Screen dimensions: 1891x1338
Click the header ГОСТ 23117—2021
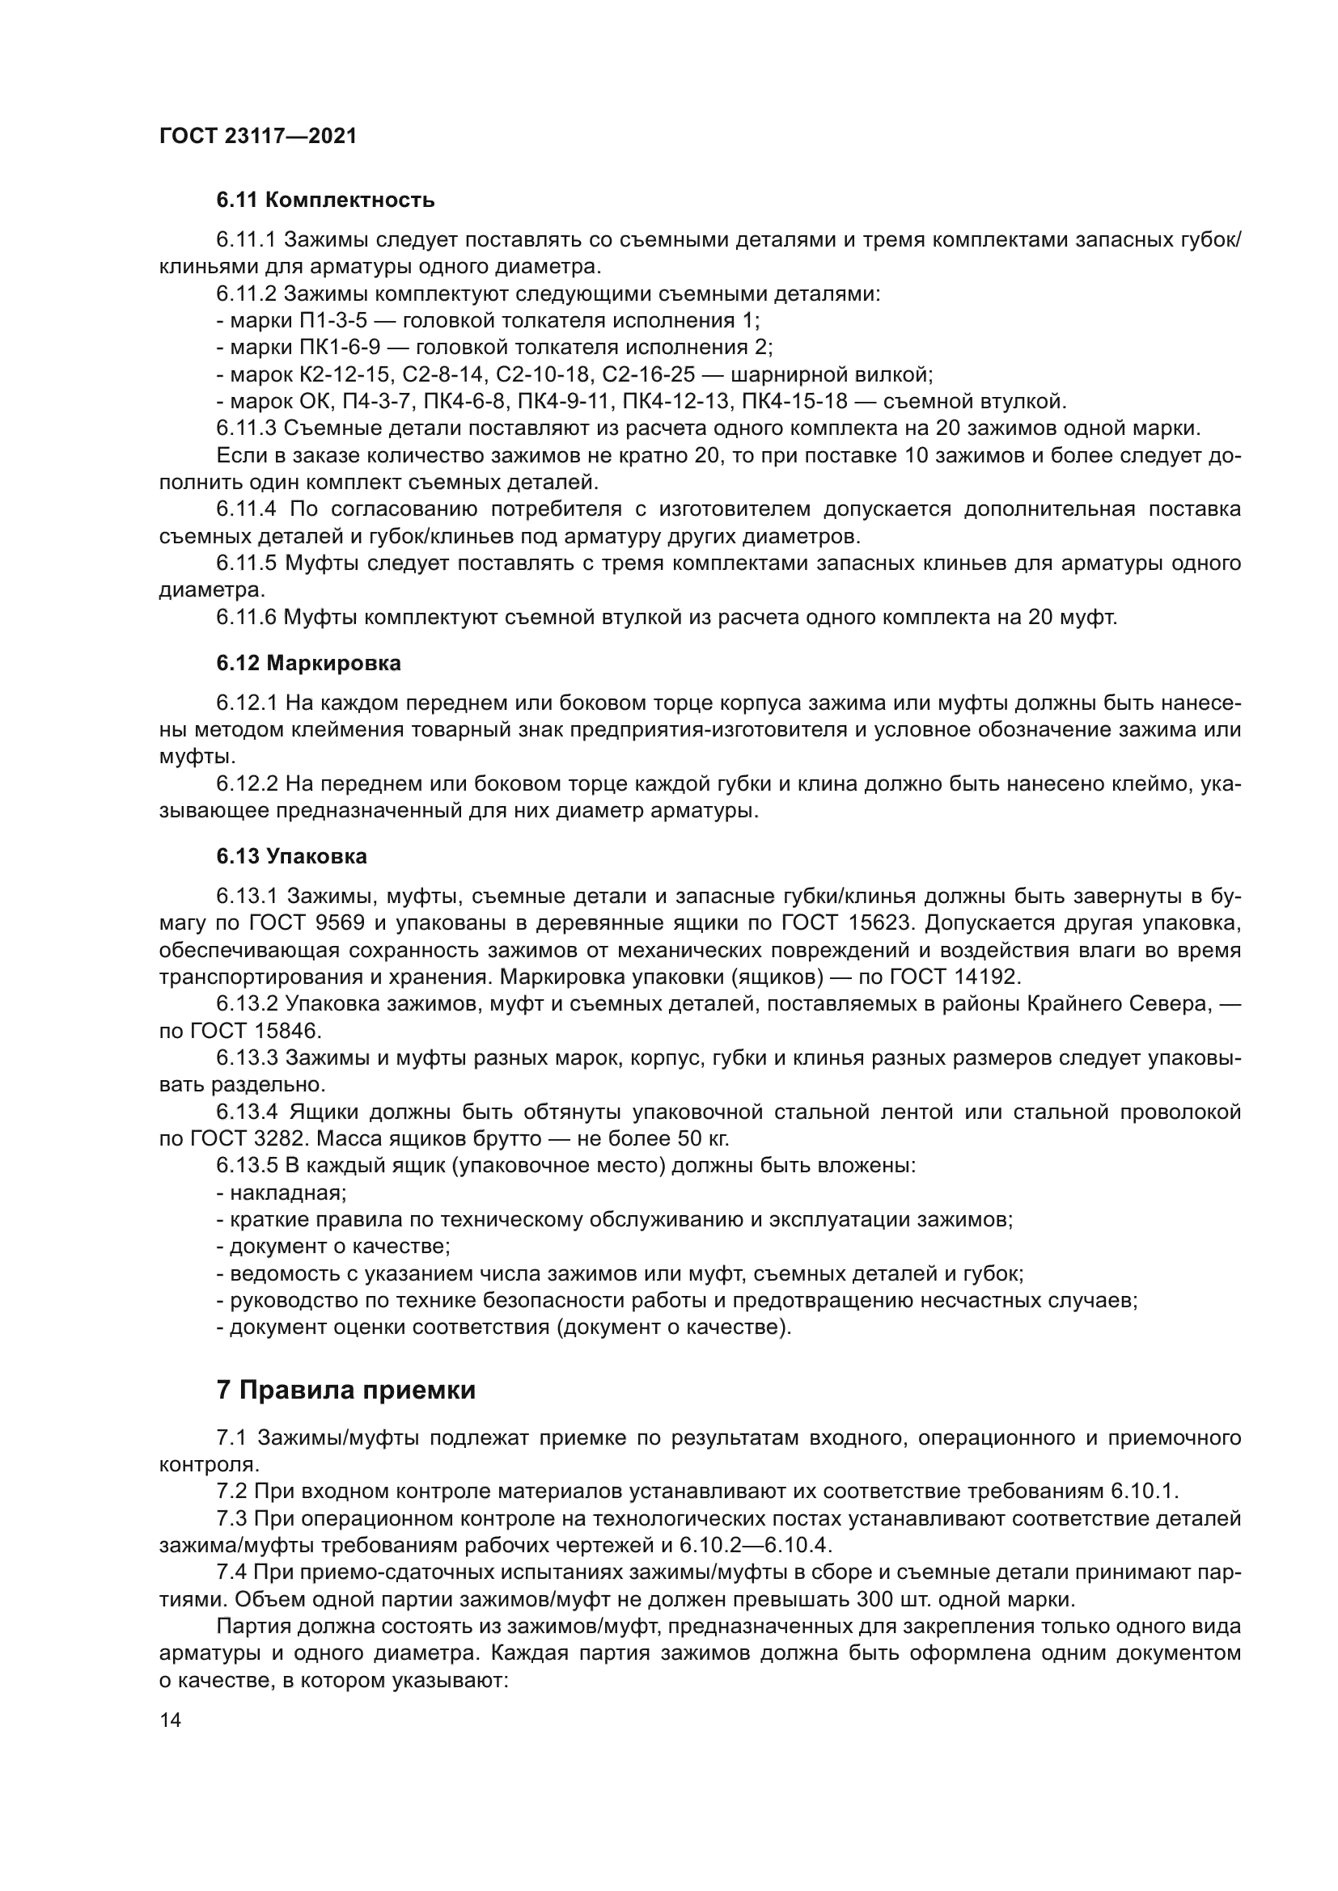coord(258,137)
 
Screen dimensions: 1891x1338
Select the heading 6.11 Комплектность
coord(325,200)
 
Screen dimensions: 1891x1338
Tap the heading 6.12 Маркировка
coord(309,663)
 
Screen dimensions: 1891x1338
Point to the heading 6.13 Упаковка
coord(292,856)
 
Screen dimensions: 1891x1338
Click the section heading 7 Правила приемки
coord(346,1391)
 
